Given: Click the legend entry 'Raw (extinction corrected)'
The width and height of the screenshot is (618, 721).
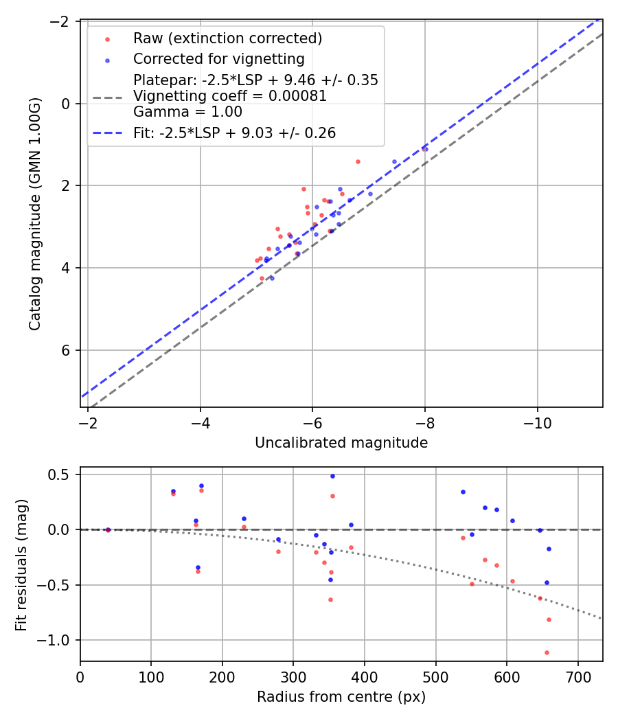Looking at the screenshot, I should [x=227, y=38].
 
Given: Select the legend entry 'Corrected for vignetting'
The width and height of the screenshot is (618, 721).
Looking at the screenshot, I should [x=218, y=58].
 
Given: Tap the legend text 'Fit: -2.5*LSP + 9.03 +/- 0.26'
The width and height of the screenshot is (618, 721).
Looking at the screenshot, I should [x=234, y=133].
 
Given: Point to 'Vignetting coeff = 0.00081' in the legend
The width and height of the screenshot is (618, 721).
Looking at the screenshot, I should [x=230, y=96].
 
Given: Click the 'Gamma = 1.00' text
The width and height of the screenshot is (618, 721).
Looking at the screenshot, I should [x=187, y=111].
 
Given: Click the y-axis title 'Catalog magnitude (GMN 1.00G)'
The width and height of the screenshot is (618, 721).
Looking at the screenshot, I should [x=35, y=214].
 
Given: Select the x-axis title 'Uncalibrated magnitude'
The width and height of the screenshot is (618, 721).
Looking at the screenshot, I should [x=341, y=443].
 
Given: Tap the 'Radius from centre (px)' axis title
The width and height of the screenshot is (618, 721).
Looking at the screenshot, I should [x=341, y=697].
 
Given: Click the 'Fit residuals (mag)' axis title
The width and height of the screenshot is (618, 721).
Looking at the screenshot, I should [x=21, y=564].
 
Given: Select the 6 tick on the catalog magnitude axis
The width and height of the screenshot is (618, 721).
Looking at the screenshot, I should [x=67, y=350].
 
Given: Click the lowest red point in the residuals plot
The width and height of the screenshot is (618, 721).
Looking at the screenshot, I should [x=547, y=652].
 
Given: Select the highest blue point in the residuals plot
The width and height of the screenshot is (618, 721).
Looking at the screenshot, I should [x=332, y=476].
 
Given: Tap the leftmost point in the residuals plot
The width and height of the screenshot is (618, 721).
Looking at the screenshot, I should [x=108, y=529].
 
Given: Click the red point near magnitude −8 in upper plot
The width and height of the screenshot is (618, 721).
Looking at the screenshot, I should [x=425, y=149].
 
